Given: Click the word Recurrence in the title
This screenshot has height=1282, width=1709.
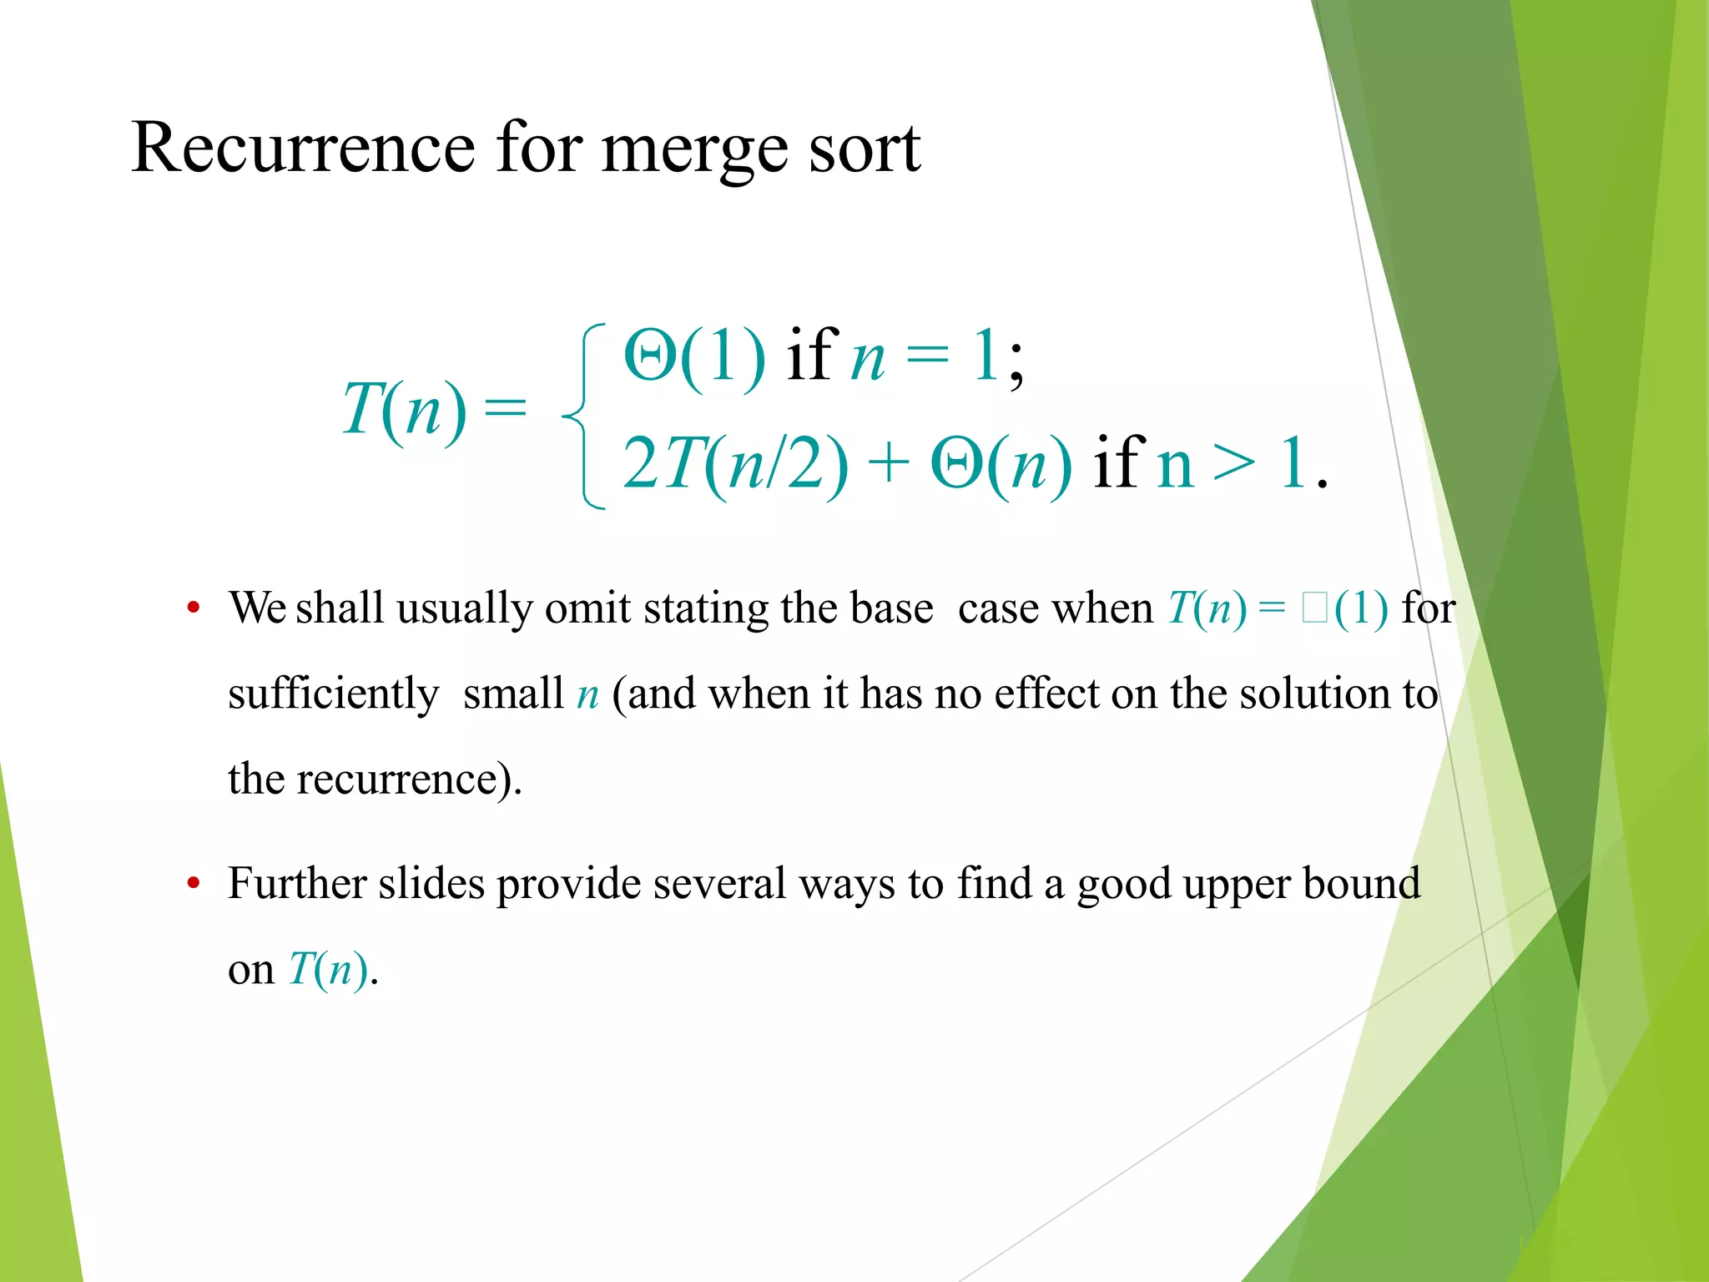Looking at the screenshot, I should point(303,148).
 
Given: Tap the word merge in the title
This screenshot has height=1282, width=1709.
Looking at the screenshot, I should point(694,150).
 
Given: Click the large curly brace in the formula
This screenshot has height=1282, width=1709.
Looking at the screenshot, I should point(584,415).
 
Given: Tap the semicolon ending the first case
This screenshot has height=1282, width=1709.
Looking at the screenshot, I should point(1015,366).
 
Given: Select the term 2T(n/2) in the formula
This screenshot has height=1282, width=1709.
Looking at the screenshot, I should point(734,463).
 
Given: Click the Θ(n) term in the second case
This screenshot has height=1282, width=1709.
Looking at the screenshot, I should point(1000,463).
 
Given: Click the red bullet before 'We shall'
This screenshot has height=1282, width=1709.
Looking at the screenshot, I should point(194,607).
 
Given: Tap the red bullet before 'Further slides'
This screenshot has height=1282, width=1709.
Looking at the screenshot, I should point(194,883).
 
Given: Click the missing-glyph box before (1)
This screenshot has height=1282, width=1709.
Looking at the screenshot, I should point(1313,608).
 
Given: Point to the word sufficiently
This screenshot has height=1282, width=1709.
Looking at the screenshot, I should point(333,694).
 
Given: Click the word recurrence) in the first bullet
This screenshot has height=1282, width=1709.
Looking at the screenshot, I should point(409,780).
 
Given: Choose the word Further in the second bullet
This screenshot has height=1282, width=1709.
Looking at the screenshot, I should point(297,883).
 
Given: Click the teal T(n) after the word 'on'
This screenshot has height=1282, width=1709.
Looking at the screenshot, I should point(328,970).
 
